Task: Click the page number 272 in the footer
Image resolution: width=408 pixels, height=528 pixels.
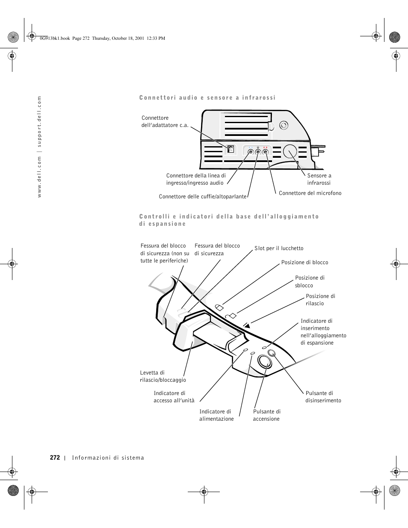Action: (x=55, y=457)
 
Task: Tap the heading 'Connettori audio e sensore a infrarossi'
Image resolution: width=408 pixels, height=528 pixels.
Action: (x=207, y=98)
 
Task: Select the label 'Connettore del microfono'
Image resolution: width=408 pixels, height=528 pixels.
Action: (x=310, y=193)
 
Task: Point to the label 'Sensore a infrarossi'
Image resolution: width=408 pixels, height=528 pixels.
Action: (x=319, y=179)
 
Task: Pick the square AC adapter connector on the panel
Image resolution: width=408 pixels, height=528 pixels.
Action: (x=231, y=149)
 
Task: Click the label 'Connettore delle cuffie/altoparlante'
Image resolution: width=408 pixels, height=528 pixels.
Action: (x=203, y=197)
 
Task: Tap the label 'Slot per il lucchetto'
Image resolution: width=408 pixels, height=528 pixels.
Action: (x=279, y=248)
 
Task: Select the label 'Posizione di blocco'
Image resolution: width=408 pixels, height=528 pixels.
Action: (x=305, y=263)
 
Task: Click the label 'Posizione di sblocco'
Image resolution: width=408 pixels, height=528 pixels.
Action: (x=310, y=282)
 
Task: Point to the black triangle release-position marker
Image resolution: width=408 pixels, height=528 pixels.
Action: (x=246, y=325)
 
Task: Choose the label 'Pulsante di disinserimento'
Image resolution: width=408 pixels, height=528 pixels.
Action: (x=323, y=397)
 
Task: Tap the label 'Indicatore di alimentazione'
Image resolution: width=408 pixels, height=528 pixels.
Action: (x=216, y=415)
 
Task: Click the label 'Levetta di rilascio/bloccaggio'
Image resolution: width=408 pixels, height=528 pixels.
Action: (x=163, y=376)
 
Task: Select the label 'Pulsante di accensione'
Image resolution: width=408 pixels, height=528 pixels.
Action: (x=266, y=415)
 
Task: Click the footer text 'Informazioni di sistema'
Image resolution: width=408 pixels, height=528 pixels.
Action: (x=108, y=458)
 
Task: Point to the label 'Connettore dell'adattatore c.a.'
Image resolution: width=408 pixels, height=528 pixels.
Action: (x=165, y=121)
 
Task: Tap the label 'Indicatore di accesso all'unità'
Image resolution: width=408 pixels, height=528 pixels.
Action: (x=174, y=397)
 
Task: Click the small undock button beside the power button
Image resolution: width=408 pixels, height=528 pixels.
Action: (x=272, y=353)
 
